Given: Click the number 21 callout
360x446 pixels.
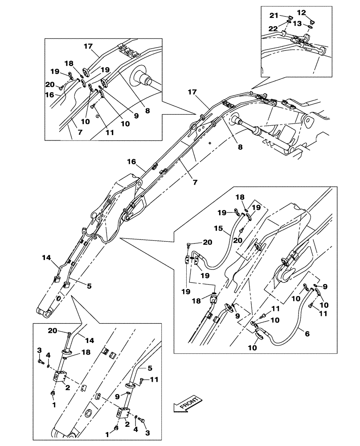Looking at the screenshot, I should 273,16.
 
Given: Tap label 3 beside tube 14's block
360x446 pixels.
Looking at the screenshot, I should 40,350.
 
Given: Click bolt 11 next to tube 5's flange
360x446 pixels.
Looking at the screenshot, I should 142,380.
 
